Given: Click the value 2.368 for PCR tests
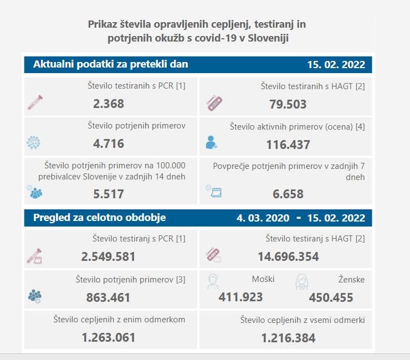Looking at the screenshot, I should [x=109, y=104].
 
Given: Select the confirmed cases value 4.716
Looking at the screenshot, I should [x=109, y=144].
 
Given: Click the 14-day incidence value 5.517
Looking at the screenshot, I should [x=109, y=194].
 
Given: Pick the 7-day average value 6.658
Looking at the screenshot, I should [x=288, y=194].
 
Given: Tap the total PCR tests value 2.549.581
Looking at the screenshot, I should [x=109, y=257].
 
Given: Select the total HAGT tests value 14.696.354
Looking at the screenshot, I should [x=288, y=257].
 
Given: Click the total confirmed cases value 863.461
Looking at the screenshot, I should [x=109, y=297].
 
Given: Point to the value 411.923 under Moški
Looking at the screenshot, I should [x=240, y=297].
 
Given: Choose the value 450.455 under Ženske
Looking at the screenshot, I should [x=331, y=298].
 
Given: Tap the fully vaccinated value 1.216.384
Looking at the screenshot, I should [x=288, y=338].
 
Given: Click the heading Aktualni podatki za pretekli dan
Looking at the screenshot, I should [x=111, y=64].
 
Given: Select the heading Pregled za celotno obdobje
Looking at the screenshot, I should [x=99, y=218].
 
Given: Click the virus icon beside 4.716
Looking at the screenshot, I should [x=34, y=143].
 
